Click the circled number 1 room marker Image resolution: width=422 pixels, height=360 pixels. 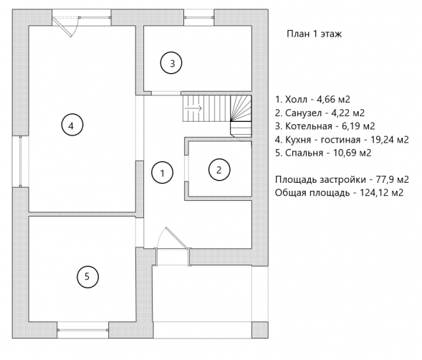click(163, 173)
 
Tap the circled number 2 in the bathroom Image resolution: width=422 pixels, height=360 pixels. click(219, 170)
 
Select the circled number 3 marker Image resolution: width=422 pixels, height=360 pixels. click(171, 63)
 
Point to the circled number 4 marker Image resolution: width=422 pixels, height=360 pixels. click(72, 125)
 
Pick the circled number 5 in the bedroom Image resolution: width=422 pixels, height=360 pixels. click(87, 277)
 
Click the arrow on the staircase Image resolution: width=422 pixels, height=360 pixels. click(193, 108)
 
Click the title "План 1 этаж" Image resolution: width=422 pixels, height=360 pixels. click(314, 34)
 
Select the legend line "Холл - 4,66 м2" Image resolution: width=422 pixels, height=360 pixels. click(312, 100)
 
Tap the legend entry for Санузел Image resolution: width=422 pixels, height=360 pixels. click(320, 113)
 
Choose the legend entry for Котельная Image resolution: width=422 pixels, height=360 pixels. click(325, 125)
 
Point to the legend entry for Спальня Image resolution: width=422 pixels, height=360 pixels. click(323, 153)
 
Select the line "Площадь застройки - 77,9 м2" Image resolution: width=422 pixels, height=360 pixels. click(342, 179)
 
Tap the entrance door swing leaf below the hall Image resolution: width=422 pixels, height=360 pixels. click(176, 237)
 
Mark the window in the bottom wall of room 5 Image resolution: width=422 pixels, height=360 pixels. click(82, 330)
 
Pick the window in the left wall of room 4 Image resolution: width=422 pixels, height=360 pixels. click(21, 161)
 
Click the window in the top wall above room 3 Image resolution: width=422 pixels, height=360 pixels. click(199, 17)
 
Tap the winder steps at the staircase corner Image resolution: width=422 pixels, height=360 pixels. click(241, 108)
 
